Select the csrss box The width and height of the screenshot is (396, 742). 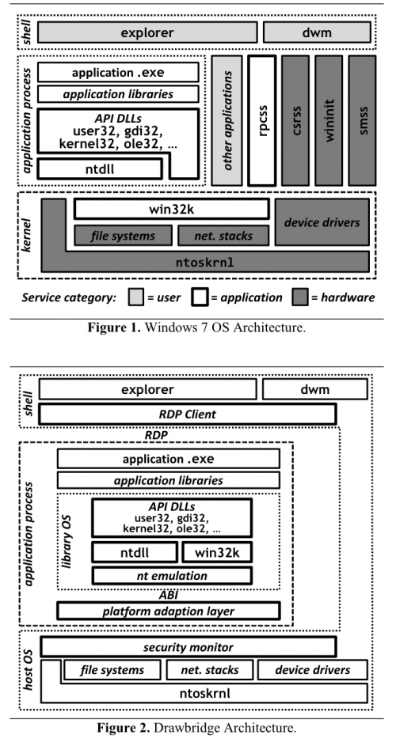point(294,119)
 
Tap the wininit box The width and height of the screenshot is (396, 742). point(327,119)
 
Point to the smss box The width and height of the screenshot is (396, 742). point(360,119)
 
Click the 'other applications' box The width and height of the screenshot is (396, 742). point(227,119)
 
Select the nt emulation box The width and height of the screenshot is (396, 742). point(172,575)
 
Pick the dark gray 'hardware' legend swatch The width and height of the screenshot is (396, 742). point(300,298)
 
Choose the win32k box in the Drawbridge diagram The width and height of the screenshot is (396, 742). point(216,551)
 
